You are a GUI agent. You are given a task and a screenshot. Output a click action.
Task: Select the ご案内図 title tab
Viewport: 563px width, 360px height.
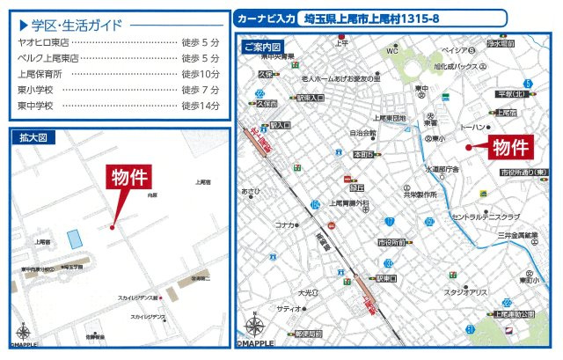coord(264,47)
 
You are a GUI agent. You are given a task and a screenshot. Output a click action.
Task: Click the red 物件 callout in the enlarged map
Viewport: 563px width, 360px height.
coord(128,177)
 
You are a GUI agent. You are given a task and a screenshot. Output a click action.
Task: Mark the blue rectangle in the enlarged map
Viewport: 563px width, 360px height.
coord(73,238)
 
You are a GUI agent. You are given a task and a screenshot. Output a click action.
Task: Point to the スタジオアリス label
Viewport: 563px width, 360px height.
coord(465,292)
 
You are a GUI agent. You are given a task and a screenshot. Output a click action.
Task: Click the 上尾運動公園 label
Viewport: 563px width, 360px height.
coord(514,313)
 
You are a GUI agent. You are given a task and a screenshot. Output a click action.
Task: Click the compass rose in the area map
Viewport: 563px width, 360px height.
coord(255,327)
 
